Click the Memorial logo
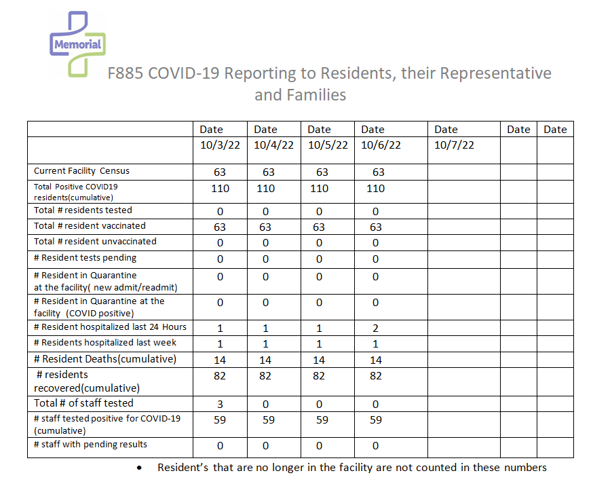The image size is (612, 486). pos(77,43)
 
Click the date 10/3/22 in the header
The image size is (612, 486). pos(220,145)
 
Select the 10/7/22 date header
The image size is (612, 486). pos(454,145)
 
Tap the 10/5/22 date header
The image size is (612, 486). pos(328,145)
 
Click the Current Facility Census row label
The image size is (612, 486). pos(81,171)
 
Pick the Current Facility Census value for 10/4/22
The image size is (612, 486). pos(269,172)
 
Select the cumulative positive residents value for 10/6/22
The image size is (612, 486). pos(375,189)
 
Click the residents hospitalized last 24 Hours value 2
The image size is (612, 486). pos(375,329)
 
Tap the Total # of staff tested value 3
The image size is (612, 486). pos(220,404)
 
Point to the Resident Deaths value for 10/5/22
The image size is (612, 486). pos(319,360)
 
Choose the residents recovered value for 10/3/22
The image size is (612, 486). pos(220,376)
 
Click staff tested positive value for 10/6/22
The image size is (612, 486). pos(376,420)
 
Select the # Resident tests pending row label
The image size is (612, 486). pos(85,258)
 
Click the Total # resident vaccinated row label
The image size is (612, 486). pos(90,226)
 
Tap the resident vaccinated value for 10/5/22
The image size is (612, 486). pos(319,227)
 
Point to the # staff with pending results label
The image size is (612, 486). pos(90,445)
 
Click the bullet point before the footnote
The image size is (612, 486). pos(139,468)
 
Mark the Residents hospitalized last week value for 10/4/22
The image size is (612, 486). pos(265,344)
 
